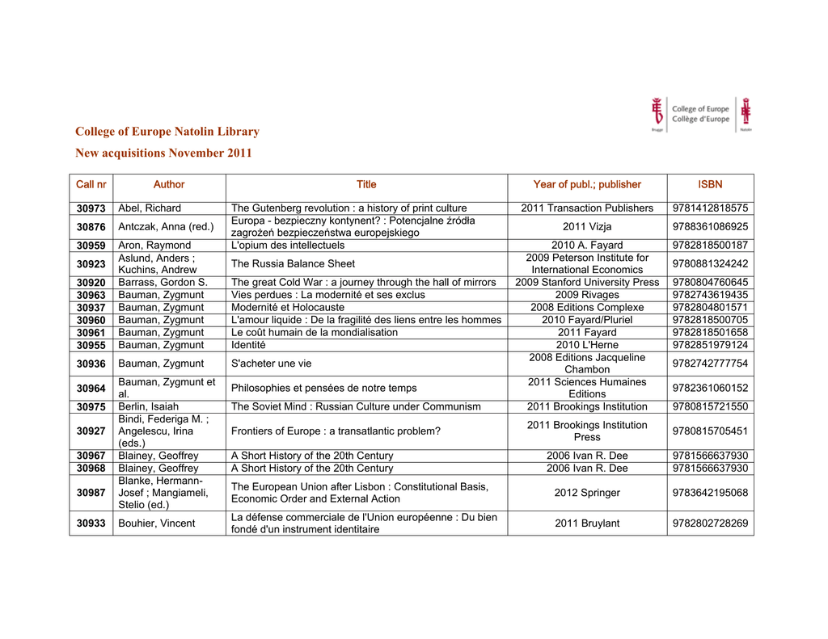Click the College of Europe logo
(x=701, y=114)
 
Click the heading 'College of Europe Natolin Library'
(x=167, y=132)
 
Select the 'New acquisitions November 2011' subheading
(x=163, y=153)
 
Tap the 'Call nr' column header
(x=91, y=184)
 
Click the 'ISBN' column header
(x=710, y=184)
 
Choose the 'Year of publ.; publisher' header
(x=587, y=184)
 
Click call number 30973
(x=91, y=208)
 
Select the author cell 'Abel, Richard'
(x=150, y=208)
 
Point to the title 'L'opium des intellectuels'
(x=288, y=246)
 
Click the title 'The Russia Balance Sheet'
(x=293, y=263)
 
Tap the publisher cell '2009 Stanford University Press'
(x=587, y=283)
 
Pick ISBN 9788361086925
(x=710, y=227)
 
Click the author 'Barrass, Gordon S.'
(x=163, y=283)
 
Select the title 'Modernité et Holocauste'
(x=288, y=308)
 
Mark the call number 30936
(x=91, y=364)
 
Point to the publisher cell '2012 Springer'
(x=587, y=493)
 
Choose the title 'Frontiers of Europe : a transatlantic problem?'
(x=336, y=431)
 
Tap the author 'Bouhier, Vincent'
(x=157, y=523)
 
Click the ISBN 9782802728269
(x=710, y=523)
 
